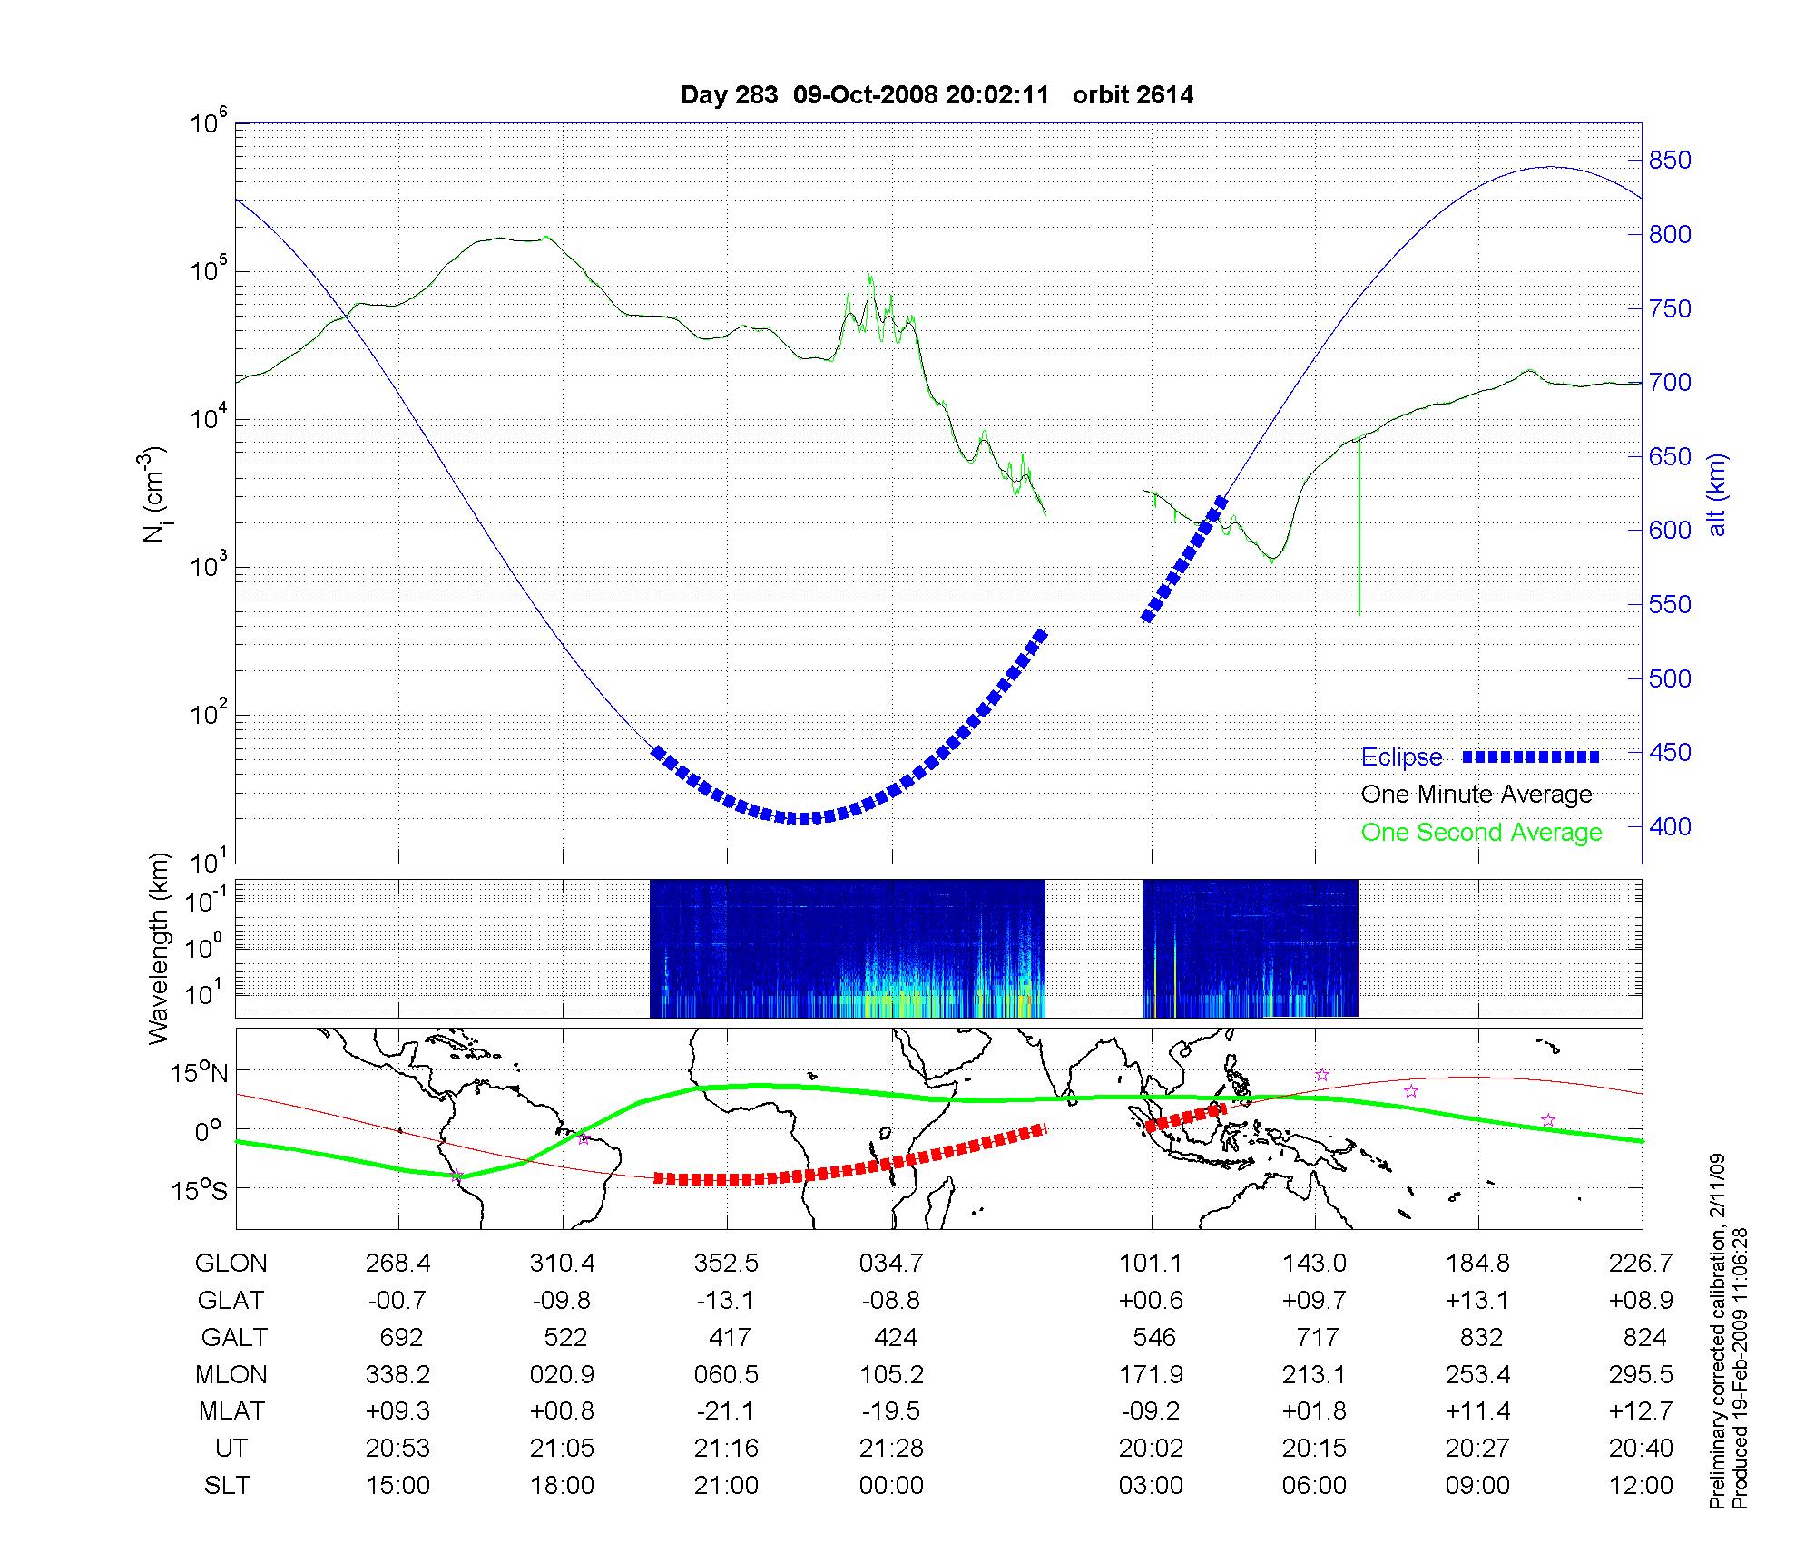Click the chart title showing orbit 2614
pos(937,95)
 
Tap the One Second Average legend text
pos(1481,833)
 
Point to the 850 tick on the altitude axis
pos(1670,161)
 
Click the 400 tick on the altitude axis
pos(1670,826)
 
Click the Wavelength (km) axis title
pos(160,948)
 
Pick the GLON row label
pos(231,1264)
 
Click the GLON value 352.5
pos(726,1264)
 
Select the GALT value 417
pos(730,1338)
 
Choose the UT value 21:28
pos(891,1448)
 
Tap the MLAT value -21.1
pos(726,1411)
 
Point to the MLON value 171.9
pos(1151,1374)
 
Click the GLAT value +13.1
pos(1478,1301)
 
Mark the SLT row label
pos(227,1485)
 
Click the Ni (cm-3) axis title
pos(155,494)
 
